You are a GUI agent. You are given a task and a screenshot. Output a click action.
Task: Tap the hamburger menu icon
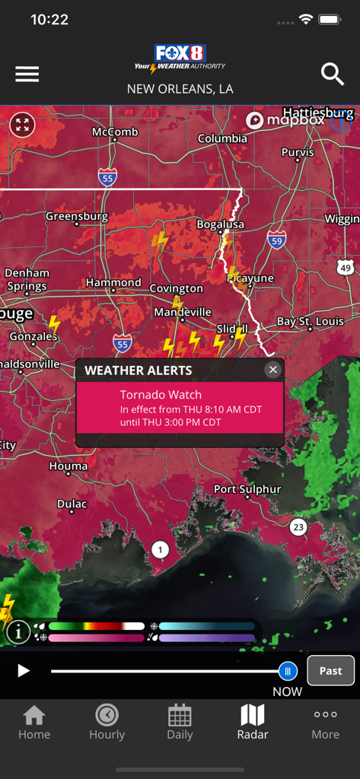coord(27,74)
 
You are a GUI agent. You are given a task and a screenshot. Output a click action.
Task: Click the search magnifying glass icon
coord(333,74)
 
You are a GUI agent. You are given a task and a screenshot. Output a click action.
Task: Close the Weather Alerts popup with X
coord(272,370)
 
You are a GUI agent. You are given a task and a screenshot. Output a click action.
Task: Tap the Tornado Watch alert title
coord(161,395)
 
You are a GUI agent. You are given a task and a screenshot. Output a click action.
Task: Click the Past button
coord(330,670)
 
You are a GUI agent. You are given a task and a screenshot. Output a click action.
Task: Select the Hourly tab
coord(107,722)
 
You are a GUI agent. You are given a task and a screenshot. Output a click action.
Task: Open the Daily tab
coord(180,722)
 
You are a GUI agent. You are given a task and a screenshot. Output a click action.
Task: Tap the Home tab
coord(34,722)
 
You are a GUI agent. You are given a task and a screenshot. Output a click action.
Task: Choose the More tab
coord(325,722)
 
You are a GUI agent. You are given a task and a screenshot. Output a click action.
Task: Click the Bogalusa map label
coord(221,224)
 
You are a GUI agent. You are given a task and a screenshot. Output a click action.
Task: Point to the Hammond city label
coord(113,282)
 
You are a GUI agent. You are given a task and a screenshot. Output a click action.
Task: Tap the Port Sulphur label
coord(247,489)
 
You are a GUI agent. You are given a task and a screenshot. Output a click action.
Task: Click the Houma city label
coord(68,466)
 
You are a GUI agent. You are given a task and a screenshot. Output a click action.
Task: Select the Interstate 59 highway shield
coord(276,240)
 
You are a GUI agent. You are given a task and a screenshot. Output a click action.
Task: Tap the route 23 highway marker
coord(298,526)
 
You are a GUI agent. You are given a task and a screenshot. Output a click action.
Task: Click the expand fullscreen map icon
coord(23,124)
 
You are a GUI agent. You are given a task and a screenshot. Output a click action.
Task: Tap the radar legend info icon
coord(18,631)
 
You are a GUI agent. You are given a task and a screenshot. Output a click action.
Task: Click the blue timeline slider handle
coord(287,670)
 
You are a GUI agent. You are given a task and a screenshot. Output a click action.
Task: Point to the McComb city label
coord(115,132)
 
